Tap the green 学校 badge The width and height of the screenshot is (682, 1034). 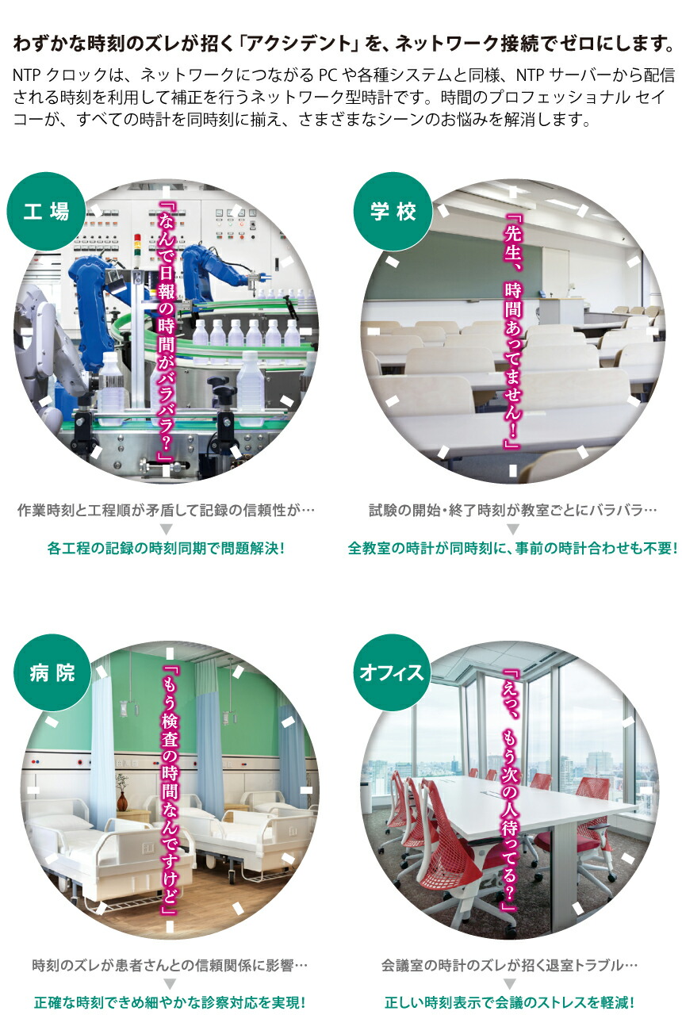click(393, 211)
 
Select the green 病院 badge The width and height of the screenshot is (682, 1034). click(52, 672)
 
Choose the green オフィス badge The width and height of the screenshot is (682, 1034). click(392, 672)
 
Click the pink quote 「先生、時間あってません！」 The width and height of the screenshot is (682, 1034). click(512, 331)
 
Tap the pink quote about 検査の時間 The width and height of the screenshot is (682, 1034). click(169, 791)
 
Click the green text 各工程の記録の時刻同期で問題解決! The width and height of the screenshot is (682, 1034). click(166, 548)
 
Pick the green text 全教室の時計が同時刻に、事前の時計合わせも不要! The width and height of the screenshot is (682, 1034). click(512, 548)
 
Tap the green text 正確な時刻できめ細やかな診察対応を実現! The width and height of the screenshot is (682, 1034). click(170, 1002)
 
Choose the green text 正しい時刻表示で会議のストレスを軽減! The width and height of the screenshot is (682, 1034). click(509, 1002)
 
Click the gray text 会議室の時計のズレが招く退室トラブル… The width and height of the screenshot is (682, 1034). click(509, 965)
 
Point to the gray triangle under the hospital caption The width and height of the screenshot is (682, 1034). click(170, 984)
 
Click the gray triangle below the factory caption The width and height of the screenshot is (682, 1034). click(166, 529)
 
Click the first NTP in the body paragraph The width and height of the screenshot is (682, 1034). click(27, 75)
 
